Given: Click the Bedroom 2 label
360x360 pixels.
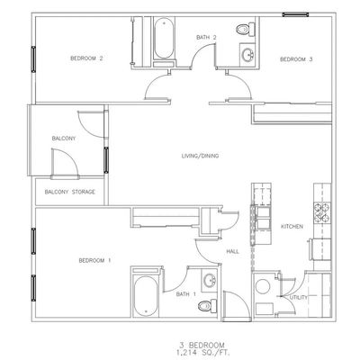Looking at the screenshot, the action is (x=86, y=58).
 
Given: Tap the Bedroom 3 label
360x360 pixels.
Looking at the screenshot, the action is (x=296, y=59).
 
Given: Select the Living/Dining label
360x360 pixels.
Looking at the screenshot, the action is (x=200, y=156).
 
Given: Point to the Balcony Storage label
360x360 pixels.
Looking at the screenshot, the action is (x=70, y=192).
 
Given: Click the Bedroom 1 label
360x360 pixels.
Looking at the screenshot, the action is (x=94, y=261).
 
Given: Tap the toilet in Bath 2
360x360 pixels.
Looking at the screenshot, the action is (x=245, y=30).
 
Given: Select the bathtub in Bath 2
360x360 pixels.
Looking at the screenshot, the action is (x=164, y=38).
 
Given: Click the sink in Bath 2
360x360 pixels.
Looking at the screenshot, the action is (x=248, y=55).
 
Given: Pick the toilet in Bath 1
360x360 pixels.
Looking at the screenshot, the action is (x=208, y=306).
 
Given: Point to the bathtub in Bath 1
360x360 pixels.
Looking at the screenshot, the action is (x=146, y=295).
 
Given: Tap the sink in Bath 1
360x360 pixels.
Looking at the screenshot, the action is (x=209, y=281).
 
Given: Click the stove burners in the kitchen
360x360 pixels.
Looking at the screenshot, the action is (x=322, y=212).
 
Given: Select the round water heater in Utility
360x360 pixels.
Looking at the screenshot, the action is (x=263, y=287).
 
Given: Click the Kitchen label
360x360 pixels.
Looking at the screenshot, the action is (x=292, y=227).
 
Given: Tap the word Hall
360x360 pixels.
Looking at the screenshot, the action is (x=233, y=252).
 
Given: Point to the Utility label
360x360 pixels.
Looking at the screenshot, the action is (x=299, y=298).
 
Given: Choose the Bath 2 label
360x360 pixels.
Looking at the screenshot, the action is (x=206, y=38).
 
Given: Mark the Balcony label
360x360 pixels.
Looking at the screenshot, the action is (x=64, y=139).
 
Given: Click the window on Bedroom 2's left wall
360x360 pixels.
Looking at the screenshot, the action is (x=33, y=59).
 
